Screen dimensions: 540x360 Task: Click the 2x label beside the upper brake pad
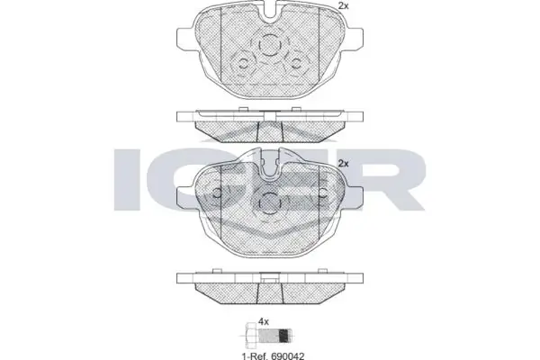(344, 5)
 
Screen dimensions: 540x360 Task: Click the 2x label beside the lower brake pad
(344, 163)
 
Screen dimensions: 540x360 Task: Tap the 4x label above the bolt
(264, 322)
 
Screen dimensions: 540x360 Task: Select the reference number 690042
(288, 355)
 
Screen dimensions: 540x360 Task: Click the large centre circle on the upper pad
(269, 44)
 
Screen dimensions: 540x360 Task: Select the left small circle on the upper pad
(244, 63)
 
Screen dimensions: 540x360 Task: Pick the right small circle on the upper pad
(295, 63)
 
